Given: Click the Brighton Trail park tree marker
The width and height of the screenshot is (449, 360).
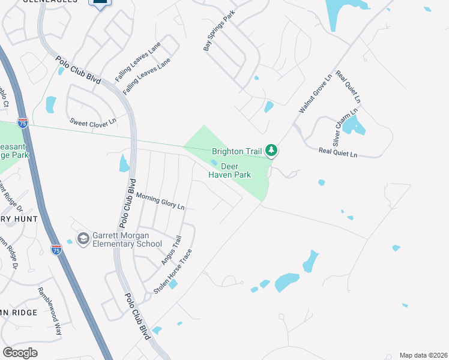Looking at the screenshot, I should click(271, 150).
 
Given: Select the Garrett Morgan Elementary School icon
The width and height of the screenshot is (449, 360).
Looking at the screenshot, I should click(83, 239).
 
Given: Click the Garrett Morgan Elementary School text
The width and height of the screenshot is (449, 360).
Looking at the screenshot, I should click(127, 239).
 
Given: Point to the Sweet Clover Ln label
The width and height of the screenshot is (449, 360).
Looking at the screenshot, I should click(92, 122).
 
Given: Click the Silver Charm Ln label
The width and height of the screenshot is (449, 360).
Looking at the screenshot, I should click(346, 127).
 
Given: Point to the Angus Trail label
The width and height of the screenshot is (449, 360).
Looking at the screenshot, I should click(170, 251).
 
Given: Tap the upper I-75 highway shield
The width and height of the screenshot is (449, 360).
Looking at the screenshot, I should click(23, 123).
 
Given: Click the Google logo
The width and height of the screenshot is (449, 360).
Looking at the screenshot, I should click(20, 352).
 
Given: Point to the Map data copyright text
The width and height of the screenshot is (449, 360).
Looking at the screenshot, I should click(423, 355).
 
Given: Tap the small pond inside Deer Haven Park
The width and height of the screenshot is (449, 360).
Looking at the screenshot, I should click(214, 161).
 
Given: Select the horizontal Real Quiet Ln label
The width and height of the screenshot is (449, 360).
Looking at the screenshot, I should click(338, 154).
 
